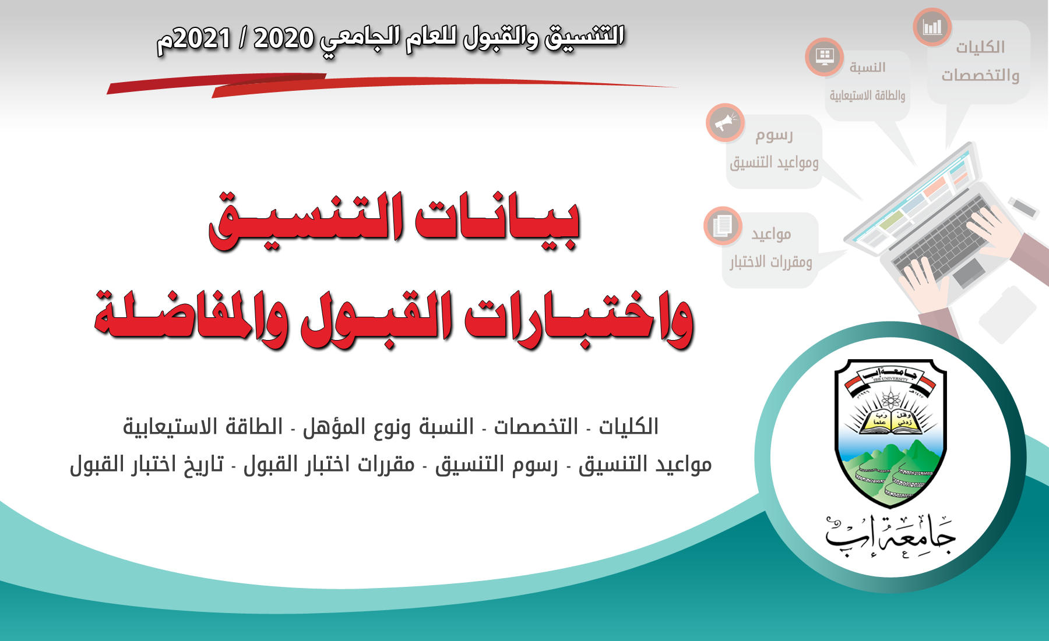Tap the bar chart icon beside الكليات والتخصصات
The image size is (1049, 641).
pos(932,27)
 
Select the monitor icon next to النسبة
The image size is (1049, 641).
pos(824,57)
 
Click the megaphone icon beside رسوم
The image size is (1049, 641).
pos(725,122)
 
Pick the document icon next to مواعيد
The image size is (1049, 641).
pos(723,225)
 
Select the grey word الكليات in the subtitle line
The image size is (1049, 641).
pos(629,427)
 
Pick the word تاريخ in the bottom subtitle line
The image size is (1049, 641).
pos(205,465)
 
